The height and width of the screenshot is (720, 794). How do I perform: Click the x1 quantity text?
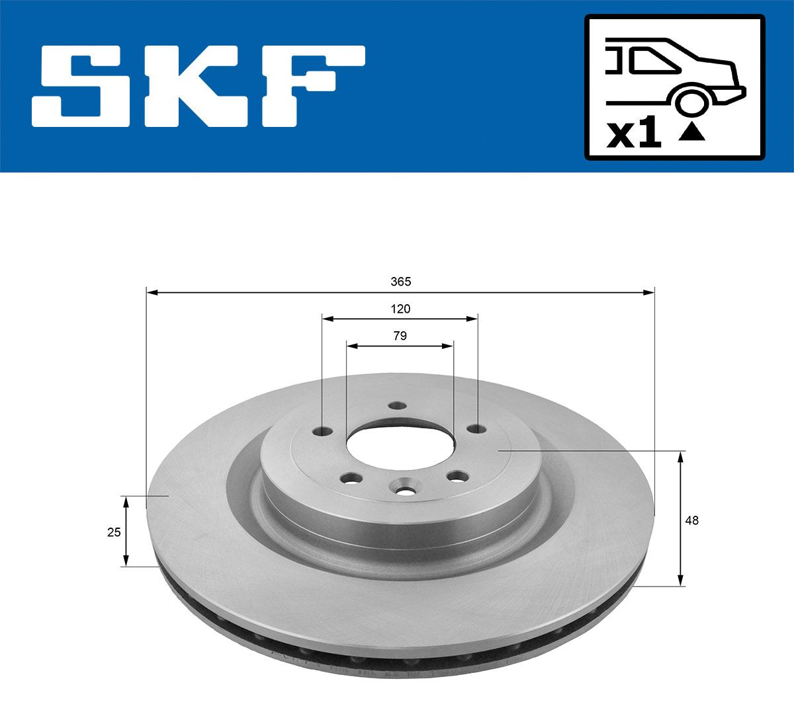[634, 134]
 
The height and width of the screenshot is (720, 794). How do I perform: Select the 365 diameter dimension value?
[400, 282]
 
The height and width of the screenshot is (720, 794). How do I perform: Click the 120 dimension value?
[400, 309]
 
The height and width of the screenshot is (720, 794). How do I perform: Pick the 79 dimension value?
[400, 336]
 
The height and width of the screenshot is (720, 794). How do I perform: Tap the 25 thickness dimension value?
[114, 532]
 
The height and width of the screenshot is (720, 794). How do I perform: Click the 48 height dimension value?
[691, 520]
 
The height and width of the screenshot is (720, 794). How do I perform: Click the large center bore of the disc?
[399, 450]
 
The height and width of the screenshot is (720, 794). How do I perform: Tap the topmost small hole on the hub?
[397, 406]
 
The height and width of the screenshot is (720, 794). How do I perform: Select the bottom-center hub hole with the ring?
[404, 491]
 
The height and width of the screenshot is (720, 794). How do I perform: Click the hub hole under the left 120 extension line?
[323, 432]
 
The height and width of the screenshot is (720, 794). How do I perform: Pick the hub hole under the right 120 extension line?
[476, 428]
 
